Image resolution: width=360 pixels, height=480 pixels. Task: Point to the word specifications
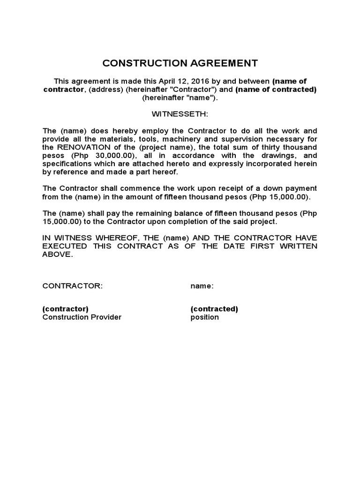(x=66, y=164)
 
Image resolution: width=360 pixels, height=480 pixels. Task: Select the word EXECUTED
(x=65, y=246)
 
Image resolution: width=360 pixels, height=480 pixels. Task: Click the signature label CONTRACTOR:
(x=72, y=286)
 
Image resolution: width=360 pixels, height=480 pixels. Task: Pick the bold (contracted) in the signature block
(x=214, y=309)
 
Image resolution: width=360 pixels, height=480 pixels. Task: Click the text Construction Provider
(x=82, y=317)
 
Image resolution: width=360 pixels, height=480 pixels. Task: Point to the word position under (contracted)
(x=204, y=317)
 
